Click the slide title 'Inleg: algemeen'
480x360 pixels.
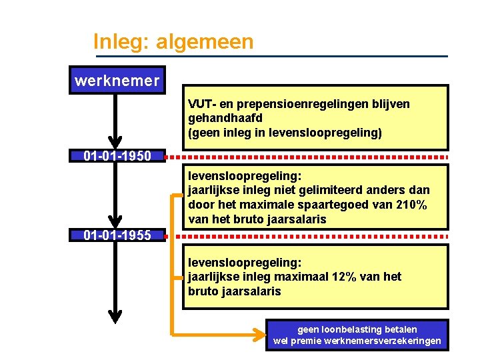tap(173, 42)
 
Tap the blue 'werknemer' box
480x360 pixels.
tap(117, 81)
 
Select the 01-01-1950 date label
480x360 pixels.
tap(117, 157)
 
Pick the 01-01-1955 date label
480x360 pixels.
tap(117, 235)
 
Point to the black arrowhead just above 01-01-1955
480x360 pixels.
tap(116, 221)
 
